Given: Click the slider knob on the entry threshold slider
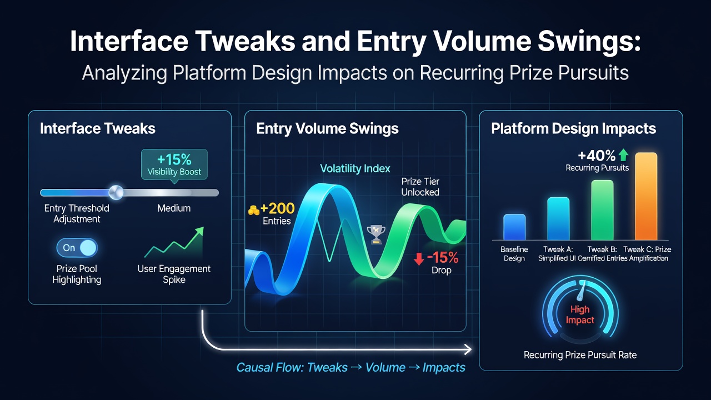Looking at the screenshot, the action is pos(116,192).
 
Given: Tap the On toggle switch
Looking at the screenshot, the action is pos(77,248).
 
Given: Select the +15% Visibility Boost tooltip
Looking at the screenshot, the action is pos(174,165).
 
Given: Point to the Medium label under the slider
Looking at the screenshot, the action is pos(174,208).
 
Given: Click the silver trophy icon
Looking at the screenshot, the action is pos(376,234).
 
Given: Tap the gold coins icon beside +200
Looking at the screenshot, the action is pos(253,210).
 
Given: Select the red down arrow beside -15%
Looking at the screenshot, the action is pos(419,259).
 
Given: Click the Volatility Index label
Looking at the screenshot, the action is pos(355,168).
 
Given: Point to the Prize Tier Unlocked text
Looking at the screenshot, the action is pos(420,187).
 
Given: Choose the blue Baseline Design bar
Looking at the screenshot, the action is pos(514,227).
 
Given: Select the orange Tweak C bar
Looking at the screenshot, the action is pos(646,196).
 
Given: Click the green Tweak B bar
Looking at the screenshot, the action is pos(602,210).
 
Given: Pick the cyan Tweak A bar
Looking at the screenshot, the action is pos(558,218).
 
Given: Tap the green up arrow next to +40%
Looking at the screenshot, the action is pos(623,155).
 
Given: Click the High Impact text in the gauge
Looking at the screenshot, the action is pos(580,314).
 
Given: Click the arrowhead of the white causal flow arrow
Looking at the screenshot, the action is pos(468,349).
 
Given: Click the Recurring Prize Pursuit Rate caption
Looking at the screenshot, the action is pos(580,355).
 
